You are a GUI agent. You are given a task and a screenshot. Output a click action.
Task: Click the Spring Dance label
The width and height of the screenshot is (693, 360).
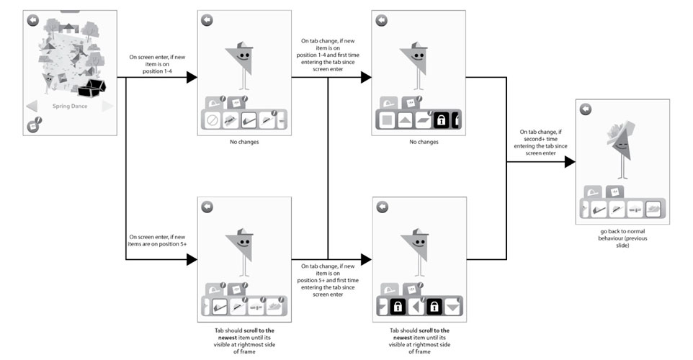pos(70,107)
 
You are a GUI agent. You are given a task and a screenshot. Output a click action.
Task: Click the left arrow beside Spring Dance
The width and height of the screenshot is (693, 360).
pos(32,107)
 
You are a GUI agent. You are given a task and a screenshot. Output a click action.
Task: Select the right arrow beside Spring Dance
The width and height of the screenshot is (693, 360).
pos(108,107)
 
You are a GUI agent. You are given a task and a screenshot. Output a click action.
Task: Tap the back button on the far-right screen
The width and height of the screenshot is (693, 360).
pos(586,109)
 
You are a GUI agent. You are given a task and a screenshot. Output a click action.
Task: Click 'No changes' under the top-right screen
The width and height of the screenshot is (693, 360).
pos(419,142)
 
